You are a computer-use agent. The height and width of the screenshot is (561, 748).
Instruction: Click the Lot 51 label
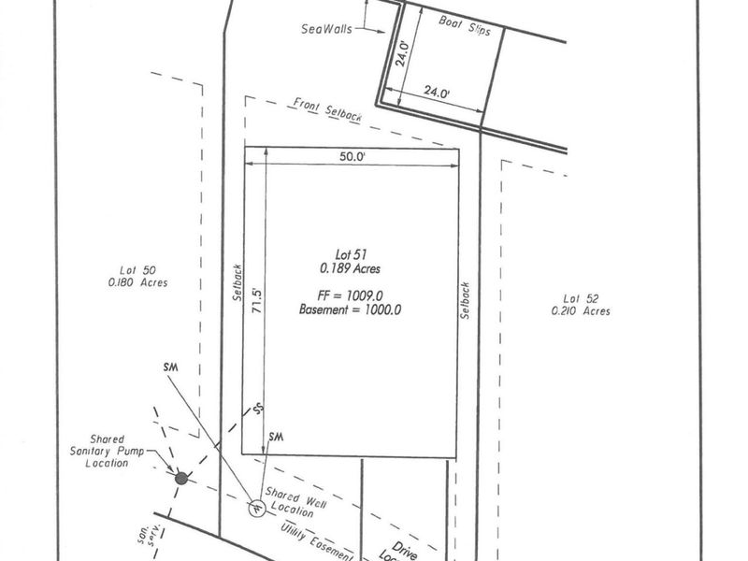pos(350,253)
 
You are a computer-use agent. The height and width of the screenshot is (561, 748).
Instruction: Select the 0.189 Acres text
pos(350,268)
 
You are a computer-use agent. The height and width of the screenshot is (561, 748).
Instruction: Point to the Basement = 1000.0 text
pos(350,309)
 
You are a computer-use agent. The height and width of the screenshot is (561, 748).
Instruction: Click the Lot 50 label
pos(137,268)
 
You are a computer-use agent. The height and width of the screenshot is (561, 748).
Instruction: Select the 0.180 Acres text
pos(137,281)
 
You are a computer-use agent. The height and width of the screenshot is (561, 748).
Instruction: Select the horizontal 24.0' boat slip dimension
pos(434,92)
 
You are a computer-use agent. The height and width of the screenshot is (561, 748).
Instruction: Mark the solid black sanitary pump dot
pos(181,478)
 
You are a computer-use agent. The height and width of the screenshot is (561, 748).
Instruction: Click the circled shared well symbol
pos(255,507)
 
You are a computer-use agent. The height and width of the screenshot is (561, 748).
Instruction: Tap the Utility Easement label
pos(317,542)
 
